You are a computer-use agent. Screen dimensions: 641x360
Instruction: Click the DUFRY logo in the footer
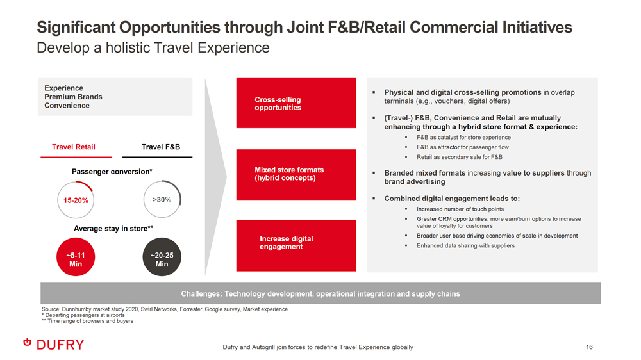point(54,345)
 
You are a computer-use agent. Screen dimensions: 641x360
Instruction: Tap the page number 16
point(589,347)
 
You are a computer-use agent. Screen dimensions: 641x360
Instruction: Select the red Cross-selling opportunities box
point(296,103)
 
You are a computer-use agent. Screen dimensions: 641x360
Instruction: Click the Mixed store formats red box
point(296,174)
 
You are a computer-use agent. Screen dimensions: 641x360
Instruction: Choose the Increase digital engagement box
point(296,245)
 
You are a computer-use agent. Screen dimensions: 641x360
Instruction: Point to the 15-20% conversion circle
point(76,200)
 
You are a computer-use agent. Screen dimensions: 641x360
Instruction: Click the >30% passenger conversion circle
point(162,199)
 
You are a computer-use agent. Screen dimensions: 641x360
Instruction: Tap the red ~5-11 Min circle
point(76,257)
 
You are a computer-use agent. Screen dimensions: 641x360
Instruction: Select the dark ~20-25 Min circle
point(162,257)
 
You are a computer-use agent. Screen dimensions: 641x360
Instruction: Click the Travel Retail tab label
point(74,147)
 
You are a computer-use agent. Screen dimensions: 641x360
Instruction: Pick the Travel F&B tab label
point(161,147)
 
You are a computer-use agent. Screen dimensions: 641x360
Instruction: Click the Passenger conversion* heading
point(112,172)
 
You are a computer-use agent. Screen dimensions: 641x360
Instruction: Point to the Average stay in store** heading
point(113,229)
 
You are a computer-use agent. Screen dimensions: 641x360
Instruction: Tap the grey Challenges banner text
point(320,293)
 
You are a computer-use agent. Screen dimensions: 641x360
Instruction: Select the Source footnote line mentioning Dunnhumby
point(165,309)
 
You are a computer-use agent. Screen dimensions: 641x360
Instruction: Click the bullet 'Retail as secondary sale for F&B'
point(460,157)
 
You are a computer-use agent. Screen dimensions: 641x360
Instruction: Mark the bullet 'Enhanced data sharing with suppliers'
point(465,245)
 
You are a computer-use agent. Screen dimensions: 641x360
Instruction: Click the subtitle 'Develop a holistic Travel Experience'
point(153,48)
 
